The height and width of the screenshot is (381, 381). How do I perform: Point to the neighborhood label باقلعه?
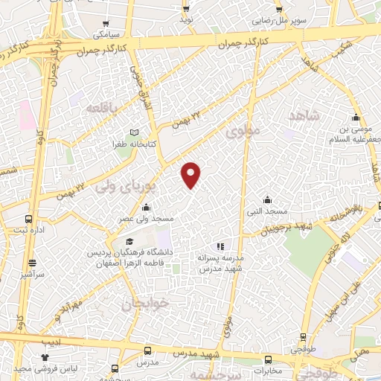tap(102, 109)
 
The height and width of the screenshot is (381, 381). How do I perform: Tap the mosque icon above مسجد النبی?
tap(268, 199)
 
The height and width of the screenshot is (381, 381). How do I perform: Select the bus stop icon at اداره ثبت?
tap(28, 220)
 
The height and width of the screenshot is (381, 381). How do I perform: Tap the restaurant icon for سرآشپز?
tap(32, 262)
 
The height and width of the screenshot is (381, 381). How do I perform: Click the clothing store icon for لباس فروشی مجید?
tap(54, 358)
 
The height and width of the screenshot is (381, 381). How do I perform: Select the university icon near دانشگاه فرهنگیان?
tap(129, 243)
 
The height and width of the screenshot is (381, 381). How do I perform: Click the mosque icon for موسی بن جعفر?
tap(356, 117)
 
